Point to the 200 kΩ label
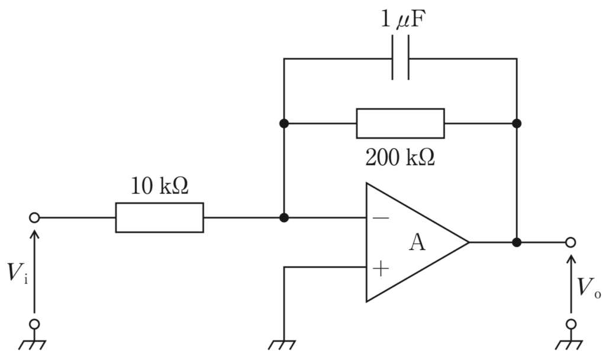click(400, 157)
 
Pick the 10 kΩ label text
click(159, 185)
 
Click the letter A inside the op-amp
click(417, 242)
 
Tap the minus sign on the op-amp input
click(381, 218)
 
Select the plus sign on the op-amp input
click(381, 268)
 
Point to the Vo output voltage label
click(589, 287)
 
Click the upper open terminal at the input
click(34, 218)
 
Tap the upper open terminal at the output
click(570, 242)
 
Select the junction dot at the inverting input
click(284, 218)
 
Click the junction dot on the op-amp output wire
click(517, 242)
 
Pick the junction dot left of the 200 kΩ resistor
click(284, 123)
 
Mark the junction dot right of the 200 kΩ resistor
click(517, 123)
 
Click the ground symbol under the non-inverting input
click(282, 345)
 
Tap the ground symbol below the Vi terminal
click(33, 345)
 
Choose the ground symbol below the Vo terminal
click(569, 345)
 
